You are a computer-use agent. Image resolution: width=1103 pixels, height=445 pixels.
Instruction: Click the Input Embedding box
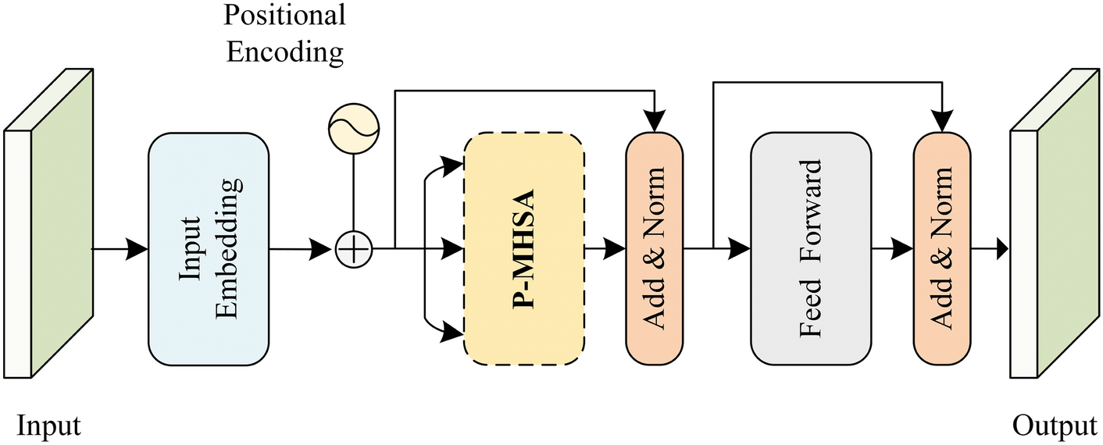(209, 249)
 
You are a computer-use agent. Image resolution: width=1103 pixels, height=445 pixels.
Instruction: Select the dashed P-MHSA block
(524, 249)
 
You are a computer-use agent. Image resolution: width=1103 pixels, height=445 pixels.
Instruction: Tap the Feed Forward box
(810, 249)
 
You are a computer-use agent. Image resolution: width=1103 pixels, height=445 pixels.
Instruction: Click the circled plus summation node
(355, 250)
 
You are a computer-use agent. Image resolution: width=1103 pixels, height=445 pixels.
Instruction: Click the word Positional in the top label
(284, 15)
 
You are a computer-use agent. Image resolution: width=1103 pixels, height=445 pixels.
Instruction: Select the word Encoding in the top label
(284, 52)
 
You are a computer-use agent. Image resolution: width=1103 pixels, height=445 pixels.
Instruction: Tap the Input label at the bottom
(48, 426)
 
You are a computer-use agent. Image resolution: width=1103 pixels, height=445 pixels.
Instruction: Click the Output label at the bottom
(1055, 426)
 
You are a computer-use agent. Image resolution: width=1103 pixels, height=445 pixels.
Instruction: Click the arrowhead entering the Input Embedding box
(138, 249)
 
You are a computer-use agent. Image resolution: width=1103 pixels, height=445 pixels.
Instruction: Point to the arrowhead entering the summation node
(324, 250)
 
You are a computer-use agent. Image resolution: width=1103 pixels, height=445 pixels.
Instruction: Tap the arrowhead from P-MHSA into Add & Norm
(616, 249)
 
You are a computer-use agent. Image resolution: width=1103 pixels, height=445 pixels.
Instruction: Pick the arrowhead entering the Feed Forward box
(741, 249)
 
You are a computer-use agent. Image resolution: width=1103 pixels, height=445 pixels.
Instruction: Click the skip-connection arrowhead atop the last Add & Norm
(942, 121)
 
